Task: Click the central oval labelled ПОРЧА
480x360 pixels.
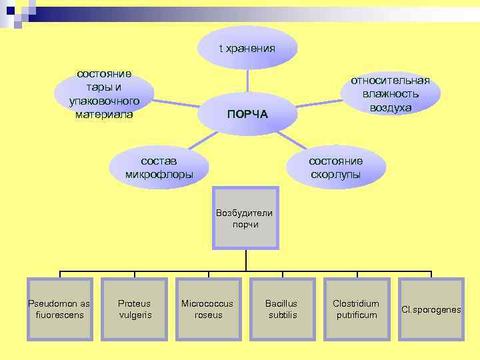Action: [247, 113]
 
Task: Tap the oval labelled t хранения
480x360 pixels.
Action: [247, 48]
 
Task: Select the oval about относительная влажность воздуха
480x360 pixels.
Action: [391, 94]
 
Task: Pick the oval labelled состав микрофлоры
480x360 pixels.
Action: [159, 167]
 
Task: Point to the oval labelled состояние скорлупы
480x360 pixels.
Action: [335, 167]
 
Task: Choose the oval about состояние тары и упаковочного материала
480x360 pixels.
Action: [104, 94]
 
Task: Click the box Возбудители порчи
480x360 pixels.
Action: [245, 218]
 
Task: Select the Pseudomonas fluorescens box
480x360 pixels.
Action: [60, 309]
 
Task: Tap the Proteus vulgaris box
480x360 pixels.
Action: [135, 309]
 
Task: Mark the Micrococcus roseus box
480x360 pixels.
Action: [209, 309]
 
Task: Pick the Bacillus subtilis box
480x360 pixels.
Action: [283, 309]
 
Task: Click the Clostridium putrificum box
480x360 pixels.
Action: [356, 309]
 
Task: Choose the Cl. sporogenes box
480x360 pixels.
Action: [431, 309]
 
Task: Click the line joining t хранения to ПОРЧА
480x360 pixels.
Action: [247, 80]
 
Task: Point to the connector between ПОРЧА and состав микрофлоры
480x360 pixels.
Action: [200, 141]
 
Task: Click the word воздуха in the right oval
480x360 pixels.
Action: [391, 108]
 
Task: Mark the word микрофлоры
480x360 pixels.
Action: [159, 175]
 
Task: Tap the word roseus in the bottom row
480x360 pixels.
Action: [209, 315]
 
